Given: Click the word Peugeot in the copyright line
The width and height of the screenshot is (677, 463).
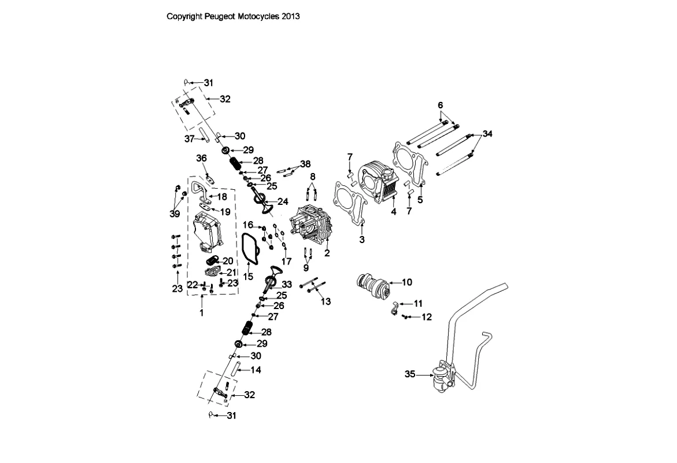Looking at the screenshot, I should point(221,17).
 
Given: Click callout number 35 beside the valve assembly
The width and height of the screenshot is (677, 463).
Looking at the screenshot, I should point(410,374).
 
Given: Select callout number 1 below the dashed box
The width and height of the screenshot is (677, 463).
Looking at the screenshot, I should point(202,313).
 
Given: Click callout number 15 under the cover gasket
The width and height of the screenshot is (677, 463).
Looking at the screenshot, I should point(248,277).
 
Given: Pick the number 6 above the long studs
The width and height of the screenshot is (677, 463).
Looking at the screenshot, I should point(441,105).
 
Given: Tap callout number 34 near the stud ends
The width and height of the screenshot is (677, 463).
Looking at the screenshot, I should point(488,134).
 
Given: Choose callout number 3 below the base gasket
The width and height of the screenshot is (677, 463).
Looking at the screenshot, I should point(362,239).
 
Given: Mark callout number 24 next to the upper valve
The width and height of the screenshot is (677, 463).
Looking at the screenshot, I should point(283,201).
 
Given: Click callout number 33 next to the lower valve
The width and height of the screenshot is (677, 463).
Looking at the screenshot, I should point(287,284).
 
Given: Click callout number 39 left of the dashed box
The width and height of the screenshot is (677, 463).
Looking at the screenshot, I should point(175,214).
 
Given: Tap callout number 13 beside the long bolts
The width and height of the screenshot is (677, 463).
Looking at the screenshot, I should point(326,302).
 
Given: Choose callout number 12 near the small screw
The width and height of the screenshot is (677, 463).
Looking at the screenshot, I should point(427,317).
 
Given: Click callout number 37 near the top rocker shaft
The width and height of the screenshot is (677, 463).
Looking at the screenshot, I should point(189,139).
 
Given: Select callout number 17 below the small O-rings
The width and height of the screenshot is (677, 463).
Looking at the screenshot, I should point(287,261).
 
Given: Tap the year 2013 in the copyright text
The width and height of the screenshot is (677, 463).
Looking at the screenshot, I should point(291,17).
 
